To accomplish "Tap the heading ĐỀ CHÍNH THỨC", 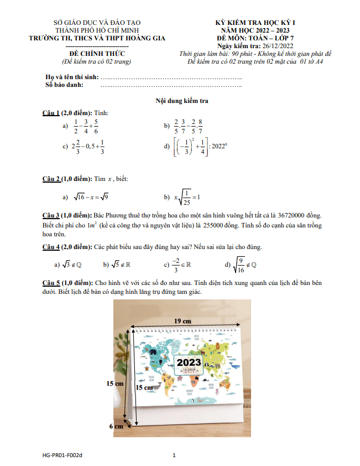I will tap(97, 53).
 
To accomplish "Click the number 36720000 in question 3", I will tap(298, 215).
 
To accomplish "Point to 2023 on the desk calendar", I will tap(190, 364).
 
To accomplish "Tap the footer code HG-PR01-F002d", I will tap(62, 455).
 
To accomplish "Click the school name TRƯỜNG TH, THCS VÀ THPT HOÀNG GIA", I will tap(97, 38).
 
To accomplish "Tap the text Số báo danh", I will tap(64, 85).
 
